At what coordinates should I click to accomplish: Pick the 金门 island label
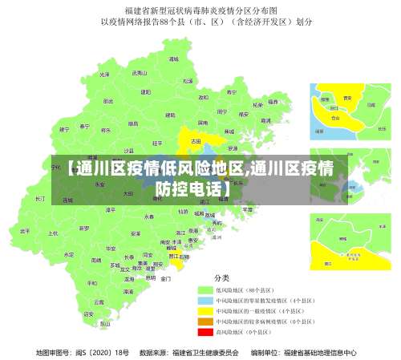tap(165, 279)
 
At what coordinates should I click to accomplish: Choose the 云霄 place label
tap(98, 302)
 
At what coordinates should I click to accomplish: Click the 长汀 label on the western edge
tap(40, 197)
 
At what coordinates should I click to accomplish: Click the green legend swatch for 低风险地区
tap(205, 289)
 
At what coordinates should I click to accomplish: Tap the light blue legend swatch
tap(205, 299)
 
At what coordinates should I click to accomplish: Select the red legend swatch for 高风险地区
tap(205, 330)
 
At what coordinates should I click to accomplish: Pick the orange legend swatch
tap(205, 320)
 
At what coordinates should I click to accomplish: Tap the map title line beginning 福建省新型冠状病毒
tap(200, 10)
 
